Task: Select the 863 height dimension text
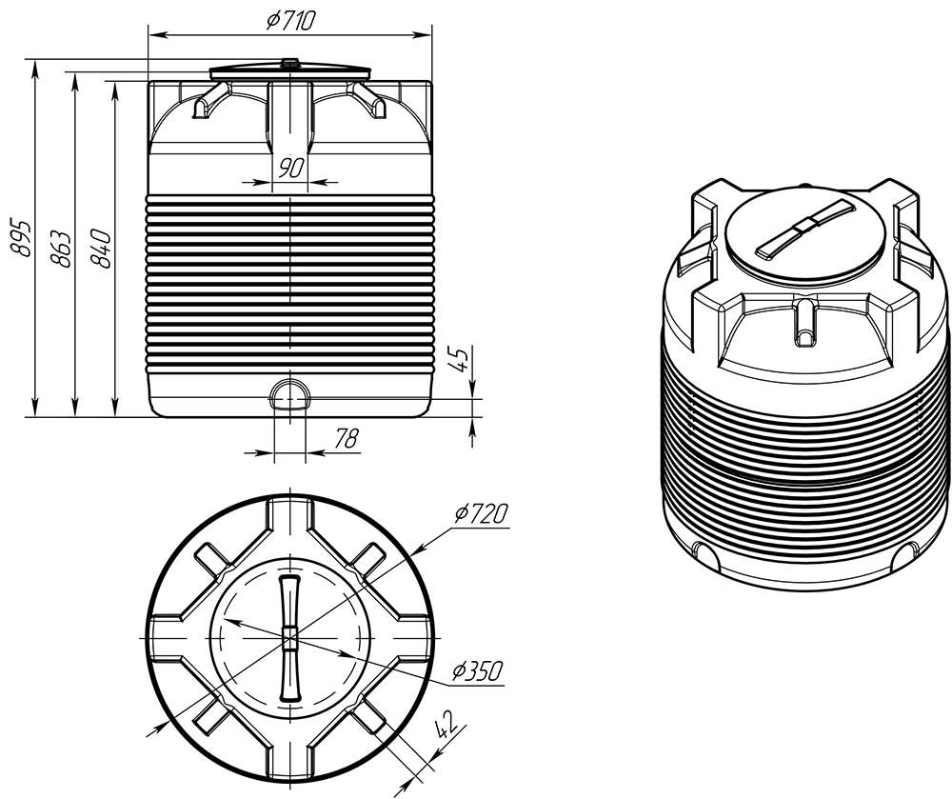[x=61, y=249]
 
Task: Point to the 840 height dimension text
[x=100, y=249]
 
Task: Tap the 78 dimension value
[x=347, y=439]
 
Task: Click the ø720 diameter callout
[x=480, y=513]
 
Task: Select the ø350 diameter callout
[x=478, y=671]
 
